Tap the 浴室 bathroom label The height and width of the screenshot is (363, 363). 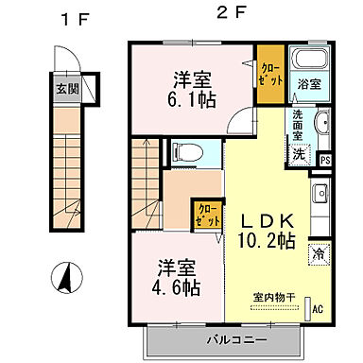(308, 83)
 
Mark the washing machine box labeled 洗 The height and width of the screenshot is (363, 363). (299, 154)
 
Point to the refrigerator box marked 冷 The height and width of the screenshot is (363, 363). (316, 253)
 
